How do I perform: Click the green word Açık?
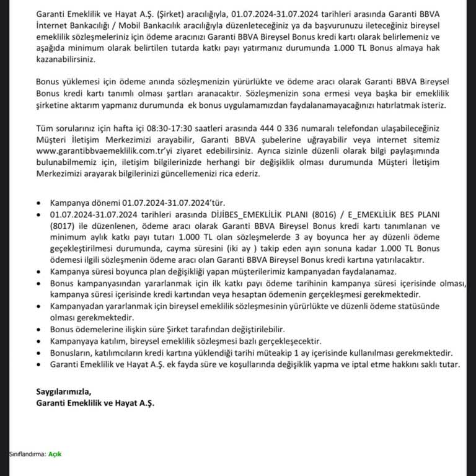55,454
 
